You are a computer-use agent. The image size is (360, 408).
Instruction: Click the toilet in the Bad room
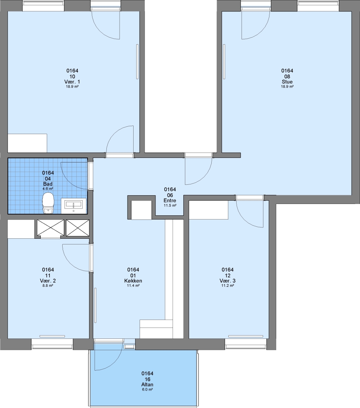tap(48, 203)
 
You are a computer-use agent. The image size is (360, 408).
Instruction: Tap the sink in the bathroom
tap(74, 206)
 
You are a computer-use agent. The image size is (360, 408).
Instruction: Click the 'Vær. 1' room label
tap(72, 82)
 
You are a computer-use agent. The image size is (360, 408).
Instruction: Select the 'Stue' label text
tap(287, 82)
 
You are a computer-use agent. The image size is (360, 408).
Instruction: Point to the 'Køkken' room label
tap(133, 281)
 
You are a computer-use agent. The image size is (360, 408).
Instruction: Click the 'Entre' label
tap(170, 200)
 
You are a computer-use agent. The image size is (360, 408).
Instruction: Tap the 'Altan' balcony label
tap(148, 385)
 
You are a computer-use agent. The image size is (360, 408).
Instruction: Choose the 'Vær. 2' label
tap(48, 281)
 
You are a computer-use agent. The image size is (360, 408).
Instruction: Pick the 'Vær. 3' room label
tap(228, 281)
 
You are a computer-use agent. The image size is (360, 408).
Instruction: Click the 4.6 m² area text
tap(48, 189)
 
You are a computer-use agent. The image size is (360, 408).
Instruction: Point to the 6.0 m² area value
tap(148, 389)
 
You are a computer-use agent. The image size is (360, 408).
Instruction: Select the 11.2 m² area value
tap(228, 286)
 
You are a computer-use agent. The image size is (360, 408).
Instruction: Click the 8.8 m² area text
tap(48, 286)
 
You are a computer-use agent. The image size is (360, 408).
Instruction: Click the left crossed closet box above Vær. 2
tap(51, 228)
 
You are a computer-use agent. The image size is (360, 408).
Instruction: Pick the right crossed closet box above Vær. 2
tap(78, 228)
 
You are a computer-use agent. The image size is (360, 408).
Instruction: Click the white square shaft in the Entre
tap(141, 210)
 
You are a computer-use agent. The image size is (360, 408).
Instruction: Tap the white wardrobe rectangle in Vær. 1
tap(27, 143)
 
